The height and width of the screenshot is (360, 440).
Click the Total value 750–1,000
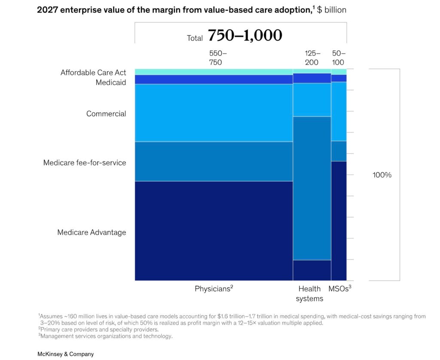[x=245, y=35]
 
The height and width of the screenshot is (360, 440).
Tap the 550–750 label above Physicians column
[x=218, y=58]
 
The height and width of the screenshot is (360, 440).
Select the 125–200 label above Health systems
[x=312, y=58]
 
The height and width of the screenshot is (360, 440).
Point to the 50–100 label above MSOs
[x=339, y=58]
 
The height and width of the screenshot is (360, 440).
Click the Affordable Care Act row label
[x=93, y=73]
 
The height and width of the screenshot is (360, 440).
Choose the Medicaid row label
[x=111, y=82]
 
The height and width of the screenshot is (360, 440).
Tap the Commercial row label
[x=106, y=114]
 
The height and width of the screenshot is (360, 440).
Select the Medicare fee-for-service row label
[x=85, y=163]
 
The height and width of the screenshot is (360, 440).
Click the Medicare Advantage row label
[x=92, y=232]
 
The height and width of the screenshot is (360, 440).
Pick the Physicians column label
[x=214, y=289]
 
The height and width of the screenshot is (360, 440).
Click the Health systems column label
[x=309, y=293]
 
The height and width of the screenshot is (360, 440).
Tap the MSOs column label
[x=340, y=288]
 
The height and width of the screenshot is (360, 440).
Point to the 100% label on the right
[x=382, y=175]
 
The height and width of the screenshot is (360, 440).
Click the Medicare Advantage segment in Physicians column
[x=214, y=231]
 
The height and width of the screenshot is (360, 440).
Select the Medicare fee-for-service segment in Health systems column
[x=312, y=188]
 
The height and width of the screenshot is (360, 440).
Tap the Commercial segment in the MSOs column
[x=339, y=111]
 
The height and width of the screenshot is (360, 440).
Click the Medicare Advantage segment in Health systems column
[x=312, y=270]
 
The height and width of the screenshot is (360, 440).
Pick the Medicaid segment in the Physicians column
[x=214, y=79]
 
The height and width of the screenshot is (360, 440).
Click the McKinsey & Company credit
[x=66, y=354]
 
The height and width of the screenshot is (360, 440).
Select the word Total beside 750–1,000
[x=195, y=38]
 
